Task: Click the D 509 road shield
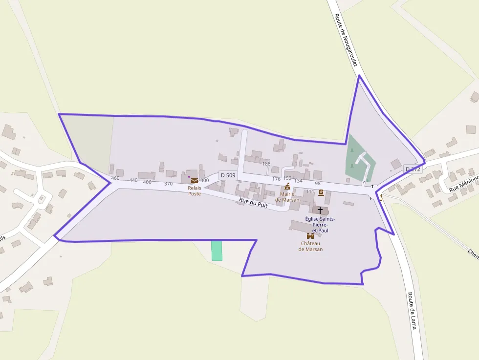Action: [228, 175]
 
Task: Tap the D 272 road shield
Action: [413, 169]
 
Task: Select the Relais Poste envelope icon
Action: [195, 181]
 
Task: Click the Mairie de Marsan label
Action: [287, 197]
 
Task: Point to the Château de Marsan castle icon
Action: [310, 236]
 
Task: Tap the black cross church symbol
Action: [320, 210]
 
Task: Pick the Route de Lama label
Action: [412, 311]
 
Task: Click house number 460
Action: [115, 178]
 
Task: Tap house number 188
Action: [266, 164]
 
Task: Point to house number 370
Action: [169, 184]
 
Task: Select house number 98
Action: [318, 183]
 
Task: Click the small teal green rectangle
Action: [217, 250]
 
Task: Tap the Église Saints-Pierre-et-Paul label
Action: [320, 224]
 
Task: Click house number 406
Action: [147, 182]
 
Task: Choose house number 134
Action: [299, 181]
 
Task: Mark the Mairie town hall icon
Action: [287, 187]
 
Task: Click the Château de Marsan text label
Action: [310, 246]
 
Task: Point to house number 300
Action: [205, 180]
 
